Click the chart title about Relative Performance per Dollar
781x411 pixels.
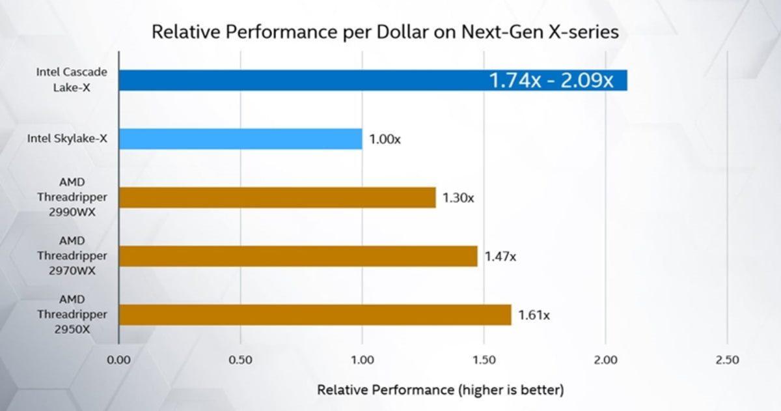point(385,32)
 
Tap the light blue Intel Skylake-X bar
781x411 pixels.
point(240,139)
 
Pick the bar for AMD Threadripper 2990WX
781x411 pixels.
point(277,197)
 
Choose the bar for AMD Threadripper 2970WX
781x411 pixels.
point(298,256)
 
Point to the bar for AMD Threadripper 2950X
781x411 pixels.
point(315,315)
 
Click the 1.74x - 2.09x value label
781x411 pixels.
point(551,81)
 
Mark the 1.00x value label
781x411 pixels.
point(385,139)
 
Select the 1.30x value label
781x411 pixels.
point(458,198)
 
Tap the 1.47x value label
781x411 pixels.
point(500,257)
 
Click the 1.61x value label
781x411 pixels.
point(534,315)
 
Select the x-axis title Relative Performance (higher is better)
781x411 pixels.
point(440,390)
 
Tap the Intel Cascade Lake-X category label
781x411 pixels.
point(72,80)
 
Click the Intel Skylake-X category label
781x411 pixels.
point(67,138)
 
